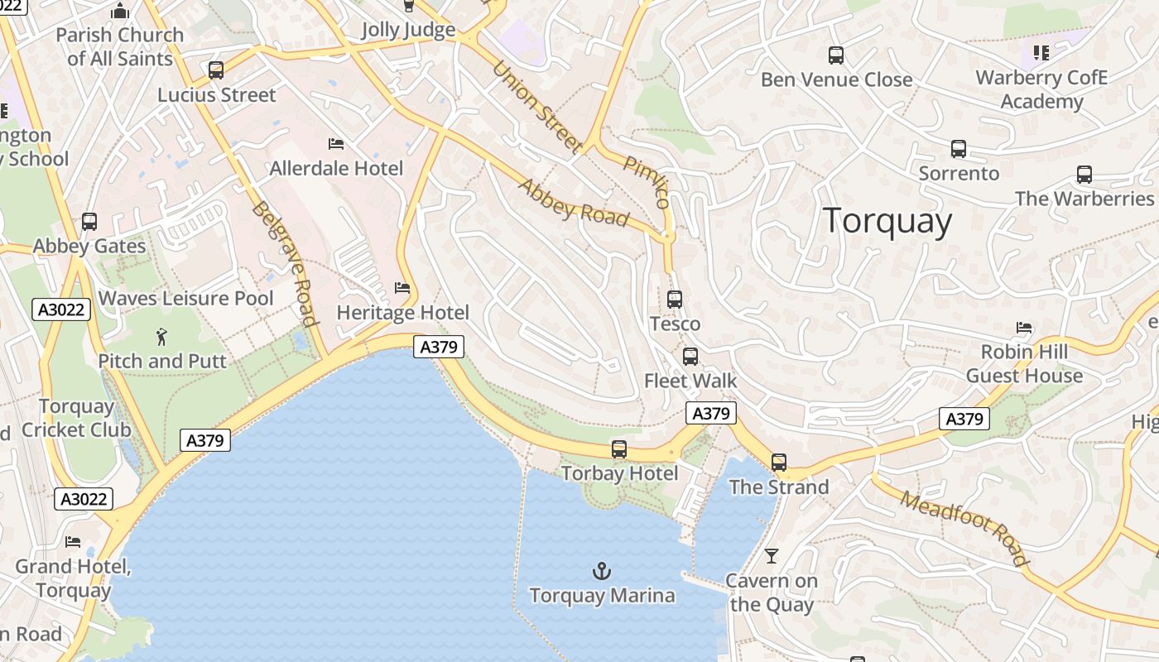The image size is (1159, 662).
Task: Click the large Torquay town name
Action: tap(887, 221)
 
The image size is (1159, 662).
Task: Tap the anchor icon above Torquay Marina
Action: tap(602, 571)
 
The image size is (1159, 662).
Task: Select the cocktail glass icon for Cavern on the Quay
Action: tap(772, 556)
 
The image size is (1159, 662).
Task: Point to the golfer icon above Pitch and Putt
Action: tap(161, 337)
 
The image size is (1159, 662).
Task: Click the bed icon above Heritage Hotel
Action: tap(402, 288)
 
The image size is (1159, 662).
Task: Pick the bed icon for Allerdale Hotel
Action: tap(336, 144)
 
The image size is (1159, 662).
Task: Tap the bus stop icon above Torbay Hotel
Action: tap(619, 449)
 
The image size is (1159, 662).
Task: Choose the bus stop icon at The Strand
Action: tap(779, 463)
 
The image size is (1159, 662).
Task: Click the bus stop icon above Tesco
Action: tap(675, 300)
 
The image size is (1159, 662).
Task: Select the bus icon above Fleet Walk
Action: tap(690, 357)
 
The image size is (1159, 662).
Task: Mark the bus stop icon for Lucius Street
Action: tap(216, 70)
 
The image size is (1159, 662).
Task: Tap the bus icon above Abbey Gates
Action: tap(89, 222)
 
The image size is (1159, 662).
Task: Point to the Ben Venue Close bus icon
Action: tap(836, 55)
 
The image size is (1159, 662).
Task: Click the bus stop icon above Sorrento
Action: tap(959, 149)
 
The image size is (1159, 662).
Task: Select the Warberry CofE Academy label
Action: tap(1041, 89)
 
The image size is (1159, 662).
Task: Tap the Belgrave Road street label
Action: tap(284, 264)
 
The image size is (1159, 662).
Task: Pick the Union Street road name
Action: tap(536, 107)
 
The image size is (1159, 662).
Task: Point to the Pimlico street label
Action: tap(647, 181)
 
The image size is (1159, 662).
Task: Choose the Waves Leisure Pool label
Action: tap(186, 298)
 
